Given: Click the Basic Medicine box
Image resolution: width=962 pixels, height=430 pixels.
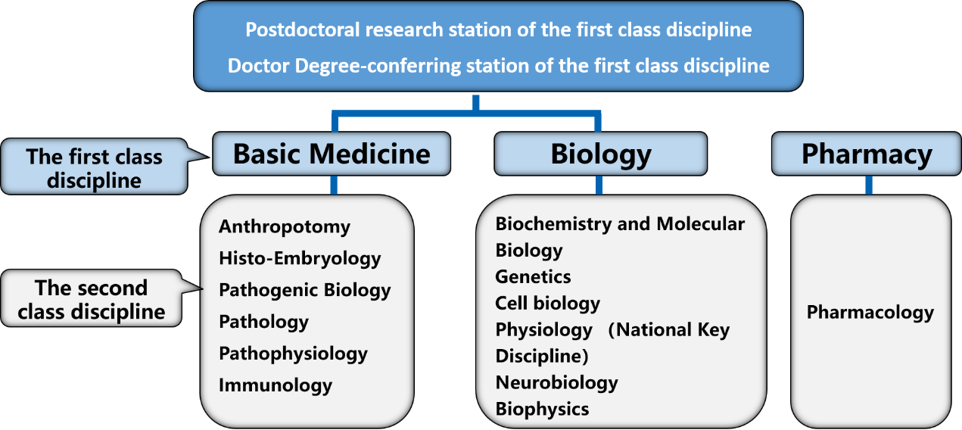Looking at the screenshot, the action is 332,154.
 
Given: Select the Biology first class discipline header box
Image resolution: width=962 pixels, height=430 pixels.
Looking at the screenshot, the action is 601,154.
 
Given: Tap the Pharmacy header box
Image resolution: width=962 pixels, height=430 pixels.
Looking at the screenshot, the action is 866,154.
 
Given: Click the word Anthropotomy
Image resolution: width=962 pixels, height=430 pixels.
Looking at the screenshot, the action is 285,227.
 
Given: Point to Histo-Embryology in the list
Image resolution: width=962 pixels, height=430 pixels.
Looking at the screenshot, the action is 300,259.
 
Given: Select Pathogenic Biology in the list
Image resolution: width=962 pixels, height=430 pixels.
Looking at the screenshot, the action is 305,291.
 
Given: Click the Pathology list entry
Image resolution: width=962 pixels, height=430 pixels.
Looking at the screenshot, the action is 263,322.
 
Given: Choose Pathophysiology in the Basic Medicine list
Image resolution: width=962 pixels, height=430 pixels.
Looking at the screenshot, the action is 294,354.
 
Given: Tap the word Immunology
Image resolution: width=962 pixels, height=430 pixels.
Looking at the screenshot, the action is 276,385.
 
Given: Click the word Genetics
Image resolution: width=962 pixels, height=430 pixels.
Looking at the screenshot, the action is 533,277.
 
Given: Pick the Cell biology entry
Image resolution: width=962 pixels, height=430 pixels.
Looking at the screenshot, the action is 547,304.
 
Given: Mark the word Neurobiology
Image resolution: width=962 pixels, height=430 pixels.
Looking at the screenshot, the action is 556,383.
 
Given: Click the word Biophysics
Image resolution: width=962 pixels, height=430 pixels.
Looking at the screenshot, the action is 542,410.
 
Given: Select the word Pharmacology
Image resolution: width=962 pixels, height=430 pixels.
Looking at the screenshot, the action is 870,313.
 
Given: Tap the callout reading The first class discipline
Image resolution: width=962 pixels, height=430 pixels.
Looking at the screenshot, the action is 95,167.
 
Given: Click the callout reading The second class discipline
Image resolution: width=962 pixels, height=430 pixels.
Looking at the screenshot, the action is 91,298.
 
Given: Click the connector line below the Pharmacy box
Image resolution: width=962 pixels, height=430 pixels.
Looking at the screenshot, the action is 869,185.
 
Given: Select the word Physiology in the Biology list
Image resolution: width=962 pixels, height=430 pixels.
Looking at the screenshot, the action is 543,330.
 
